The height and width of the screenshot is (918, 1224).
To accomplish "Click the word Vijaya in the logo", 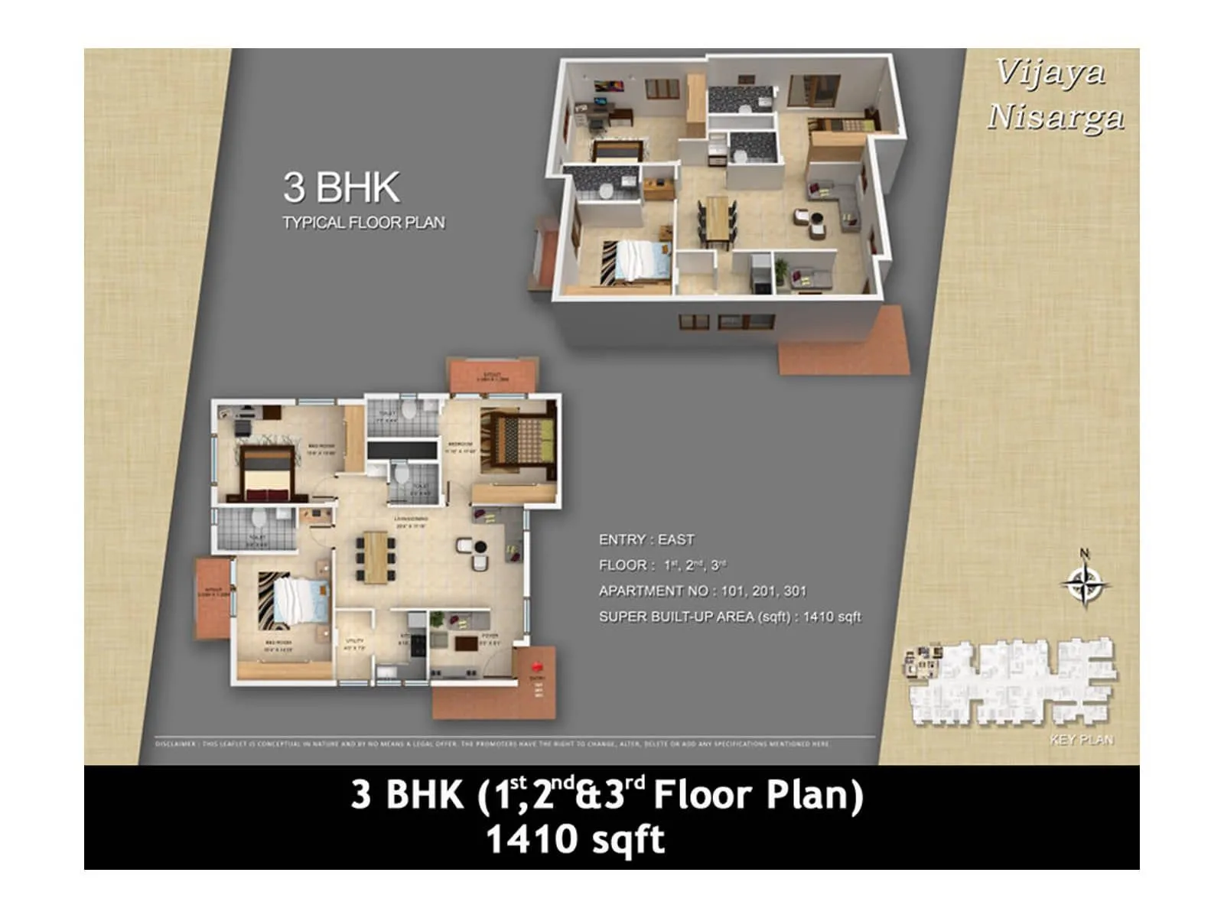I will [1050, 73].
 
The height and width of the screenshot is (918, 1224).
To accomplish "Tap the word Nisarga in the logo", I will [1056, 117].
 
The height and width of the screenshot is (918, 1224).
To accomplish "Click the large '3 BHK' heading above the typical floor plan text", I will [341, 187].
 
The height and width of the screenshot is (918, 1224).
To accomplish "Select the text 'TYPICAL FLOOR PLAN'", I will [363, 223].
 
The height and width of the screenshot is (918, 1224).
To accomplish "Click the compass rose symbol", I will [1085, 584].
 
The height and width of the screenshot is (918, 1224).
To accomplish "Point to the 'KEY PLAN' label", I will [1082, 740].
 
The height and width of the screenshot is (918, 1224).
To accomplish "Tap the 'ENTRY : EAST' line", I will [646, 540].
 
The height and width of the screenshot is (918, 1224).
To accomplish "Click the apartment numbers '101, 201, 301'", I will [763, 591].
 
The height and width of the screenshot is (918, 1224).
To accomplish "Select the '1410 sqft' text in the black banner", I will [575, 839].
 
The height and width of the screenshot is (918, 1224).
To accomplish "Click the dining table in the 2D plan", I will [375, 557].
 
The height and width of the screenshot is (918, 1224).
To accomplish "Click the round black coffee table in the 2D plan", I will [480, 546].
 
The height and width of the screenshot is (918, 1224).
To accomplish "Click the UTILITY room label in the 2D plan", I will [354, 641].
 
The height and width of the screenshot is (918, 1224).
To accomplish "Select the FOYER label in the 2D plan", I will [490, 636].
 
